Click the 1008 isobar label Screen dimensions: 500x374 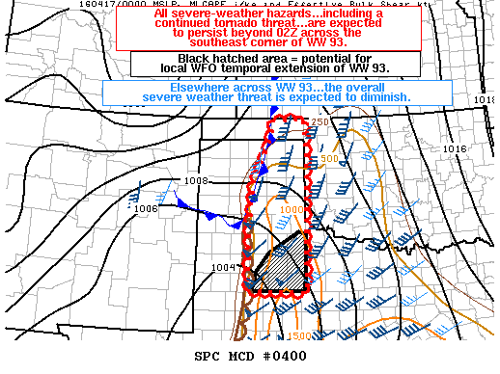coord(197,180)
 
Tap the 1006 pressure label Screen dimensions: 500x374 coord(146,208)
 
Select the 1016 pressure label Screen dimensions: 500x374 coord(454,149)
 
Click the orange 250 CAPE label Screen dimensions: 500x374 coord(320,121)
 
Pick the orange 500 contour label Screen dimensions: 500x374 coord(328,158)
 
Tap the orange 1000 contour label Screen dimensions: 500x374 coord(291,209)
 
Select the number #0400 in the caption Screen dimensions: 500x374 coord(287,356)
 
